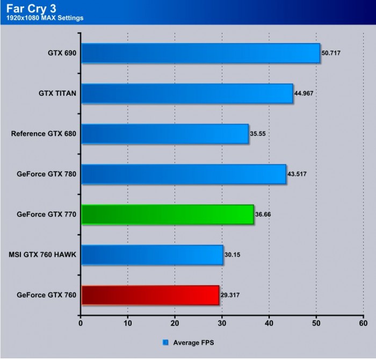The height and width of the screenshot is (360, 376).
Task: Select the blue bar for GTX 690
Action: click(200, 53)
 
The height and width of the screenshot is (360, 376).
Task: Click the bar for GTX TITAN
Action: click(186, 93)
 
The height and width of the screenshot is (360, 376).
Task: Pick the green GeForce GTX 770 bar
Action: click(167, 214)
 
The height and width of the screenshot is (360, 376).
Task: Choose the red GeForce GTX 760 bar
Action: click(149, 295)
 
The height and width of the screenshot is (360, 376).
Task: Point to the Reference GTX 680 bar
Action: click(164, 134)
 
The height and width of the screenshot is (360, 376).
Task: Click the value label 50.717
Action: click(331, 53)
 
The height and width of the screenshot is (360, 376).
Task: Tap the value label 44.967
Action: click(303, 93)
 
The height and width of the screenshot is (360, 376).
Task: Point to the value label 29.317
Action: click(229, 295)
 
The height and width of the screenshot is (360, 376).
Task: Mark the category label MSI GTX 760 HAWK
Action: click(42, 255)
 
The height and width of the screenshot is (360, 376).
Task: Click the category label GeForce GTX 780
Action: click(46, 174)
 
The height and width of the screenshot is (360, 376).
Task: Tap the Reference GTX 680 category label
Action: click(44, 134)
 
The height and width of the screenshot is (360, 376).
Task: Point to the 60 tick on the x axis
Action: click(363, 323)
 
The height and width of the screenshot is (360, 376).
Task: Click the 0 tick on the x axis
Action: click(81, 323)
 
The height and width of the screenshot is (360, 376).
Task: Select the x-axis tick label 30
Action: click(222, 323)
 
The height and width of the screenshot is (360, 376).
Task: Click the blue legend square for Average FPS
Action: click(165, 342)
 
